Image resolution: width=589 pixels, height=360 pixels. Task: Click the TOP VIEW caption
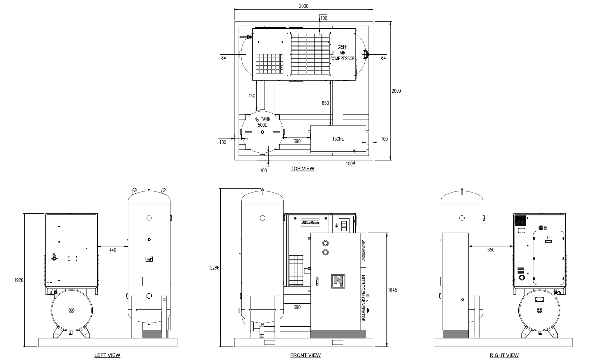[302, 169]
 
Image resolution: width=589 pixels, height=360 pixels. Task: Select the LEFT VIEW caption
[107, 355]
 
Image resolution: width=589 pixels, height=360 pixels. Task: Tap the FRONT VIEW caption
[305, 355]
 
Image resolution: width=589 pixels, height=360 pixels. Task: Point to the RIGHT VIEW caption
[504, 355]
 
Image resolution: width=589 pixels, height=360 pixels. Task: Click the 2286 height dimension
[215, 268]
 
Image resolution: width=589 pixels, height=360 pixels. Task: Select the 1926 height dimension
[19, 280]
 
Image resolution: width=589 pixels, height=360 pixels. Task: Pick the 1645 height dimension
[392, 290]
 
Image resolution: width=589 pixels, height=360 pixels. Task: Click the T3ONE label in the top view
[338, 139]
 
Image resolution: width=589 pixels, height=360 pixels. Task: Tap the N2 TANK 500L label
[262, 122]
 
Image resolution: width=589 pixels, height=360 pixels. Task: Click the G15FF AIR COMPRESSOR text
[342, 53]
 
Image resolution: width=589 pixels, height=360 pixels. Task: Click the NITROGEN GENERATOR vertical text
[363, 298]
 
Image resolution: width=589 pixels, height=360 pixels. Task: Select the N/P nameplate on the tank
[149, 259]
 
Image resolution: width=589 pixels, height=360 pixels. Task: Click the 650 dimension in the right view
[491, 250]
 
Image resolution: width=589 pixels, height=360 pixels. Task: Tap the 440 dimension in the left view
[113, 250]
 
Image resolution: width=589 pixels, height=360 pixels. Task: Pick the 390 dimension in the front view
[297, 307]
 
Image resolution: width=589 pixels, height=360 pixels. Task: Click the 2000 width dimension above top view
[304, 6]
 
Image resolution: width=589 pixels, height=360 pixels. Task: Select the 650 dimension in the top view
[325, 103]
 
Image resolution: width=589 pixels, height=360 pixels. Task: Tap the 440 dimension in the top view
[252, 96]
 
